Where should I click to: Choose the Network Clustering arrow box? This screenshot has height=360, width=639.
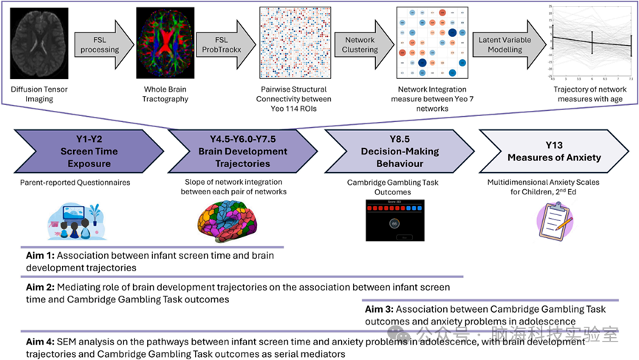[358, 44]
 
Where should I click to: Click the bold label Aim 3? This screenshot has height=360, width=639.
[381, 310]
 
